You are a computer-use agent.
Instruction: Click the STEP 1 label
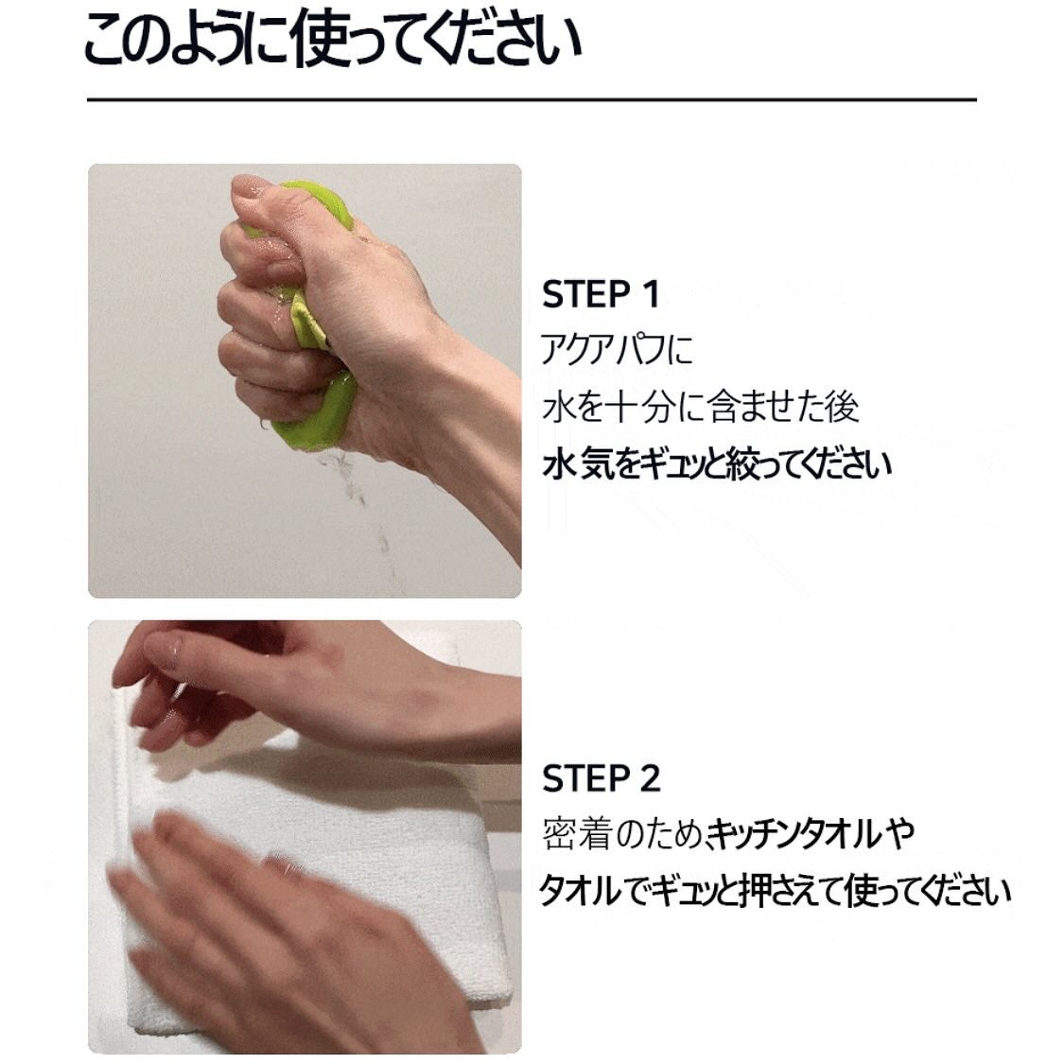click(600, 294)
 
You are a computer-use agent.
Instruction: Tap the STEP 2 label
click(601, 779)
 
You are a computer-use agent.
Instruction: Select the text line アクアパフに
click(617, 350)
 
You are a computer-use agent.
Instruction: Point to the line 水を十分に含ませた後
click(701, 407)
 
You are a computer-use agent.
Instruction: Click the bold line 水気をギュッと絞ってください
click(717, 464)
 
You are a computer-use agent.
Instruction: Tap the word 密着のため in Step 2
click(621, 834)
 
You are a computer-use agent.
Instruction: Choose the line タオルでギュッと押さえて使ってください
click(775, 892)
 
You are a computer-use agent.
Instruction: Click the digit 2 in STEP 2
click(649, 779)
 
